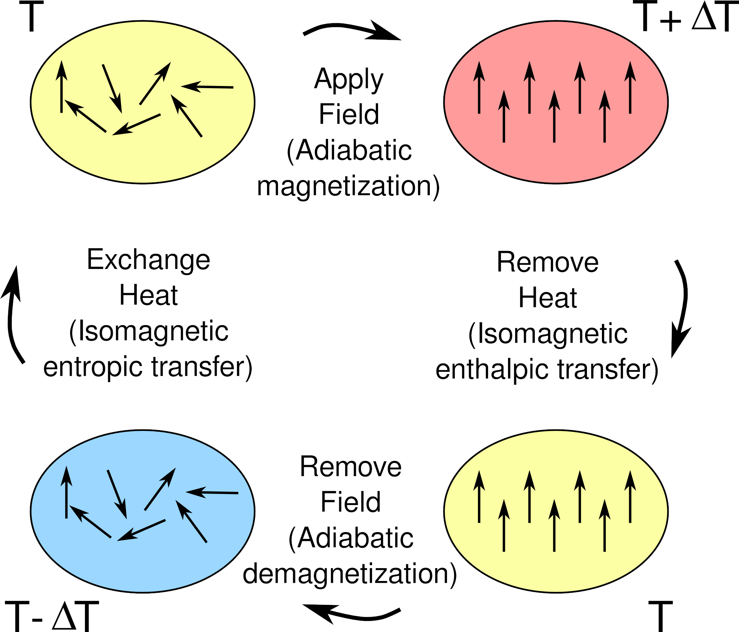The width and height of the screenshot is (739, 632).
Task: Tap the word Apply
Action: coord(349,79)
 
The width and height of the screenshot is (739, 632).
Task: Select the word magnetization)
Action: coord(348,186)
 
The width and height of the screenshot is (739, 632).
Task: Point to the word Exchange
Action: coord(149,260)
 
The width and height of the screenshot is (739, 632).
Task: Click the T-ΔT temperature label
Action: coord(52,616)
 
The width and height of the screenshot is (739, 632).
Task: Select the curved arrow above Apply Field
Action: coord(352,30)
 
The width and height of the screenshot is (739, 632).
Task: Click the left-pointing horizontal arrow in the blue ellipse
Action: coord(212,493)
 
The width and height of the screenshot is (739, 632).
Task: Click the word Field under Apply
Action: coord(349,114)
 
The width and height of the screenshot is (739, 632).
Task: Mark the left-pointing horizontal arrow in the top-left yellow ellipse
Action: coord(207,87)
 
